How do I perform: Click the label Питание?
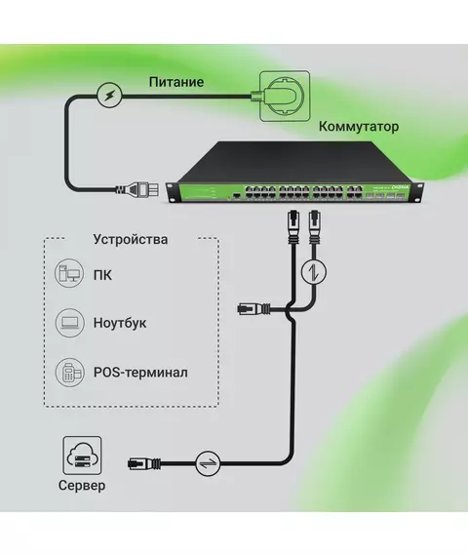(176, 82)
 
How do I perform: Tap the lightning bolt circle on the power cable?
(110, 95)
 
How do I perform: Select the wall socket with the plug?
(285, 97)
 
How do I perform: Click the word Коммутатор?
(359, 126)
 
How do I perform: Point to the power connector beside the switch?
(137, 189)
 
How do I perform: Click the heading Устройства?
(131, 239)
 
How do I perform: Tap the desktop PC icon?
(69, 273)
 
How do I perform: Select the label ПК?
(102, 275)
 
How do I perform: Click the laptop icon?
(70, 322)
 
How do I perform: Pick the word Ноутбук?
(120, 323)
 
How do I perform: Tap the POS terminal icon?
(70, 372)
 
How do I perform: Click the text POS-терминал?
(140, 373)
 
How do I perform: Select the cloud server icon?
(82, 456)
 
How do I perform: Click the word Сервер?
(82, 485)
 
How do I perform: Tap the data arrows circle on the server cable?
(208, 463)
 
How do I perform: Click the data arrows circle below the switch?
(314, 272)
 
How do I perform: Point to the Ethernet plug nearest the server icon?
(144, 463)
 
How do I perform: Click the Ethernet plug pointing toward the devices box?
(253, 309)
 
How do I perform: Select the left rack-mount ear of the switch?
(173, 192)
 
